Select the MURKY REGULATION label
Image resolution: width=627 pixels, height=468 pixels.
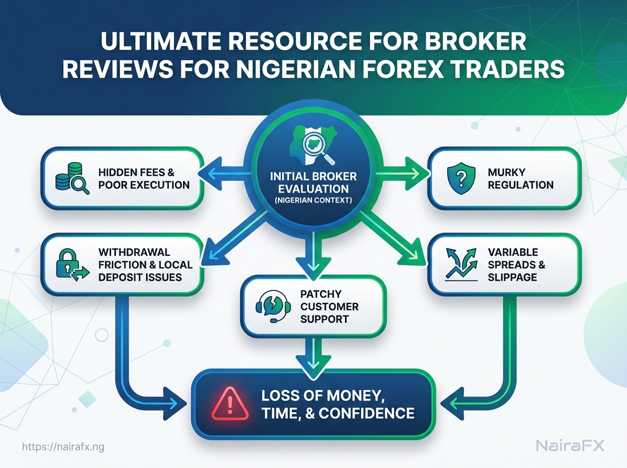(x=520, y=178)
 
